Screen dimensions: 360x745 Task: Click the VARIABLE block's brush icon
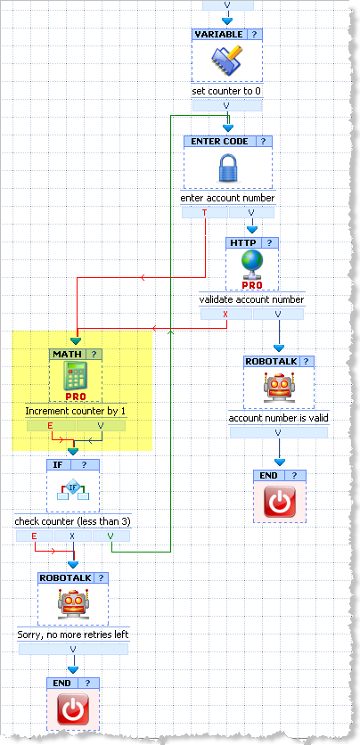point(226,61)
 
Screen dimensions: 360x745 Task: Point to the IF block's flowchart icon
point(73,490)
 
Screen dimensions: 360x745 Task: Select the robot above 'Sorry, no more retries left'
point(73,603)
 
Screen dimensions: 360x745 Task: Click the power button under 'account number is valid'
point(280,501)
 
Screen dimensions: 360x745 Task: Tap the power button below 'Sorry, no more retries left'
point(73,709)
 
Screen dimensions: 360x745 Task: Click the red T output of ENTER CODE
point(205,212)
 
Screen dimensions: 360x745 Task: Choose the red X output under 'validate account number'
point(226,314)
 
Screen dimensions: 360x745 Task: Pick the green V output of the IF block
point(111,536)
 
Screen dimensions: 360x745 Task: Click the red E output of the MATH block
point(50,426)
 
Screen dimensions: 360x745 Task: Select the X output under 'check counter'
point(73,536)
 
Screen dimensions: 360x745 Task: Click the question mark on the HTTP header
point(270,242)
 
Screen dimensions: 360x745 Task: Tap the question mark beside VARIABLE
point(255,34)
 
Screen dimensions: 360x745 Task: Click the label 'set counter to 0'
point(226,91)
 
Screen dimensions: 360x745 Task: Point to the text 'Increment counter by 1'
point(75,411)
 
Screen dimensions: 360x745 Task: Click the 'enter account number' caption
point(227,198)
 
